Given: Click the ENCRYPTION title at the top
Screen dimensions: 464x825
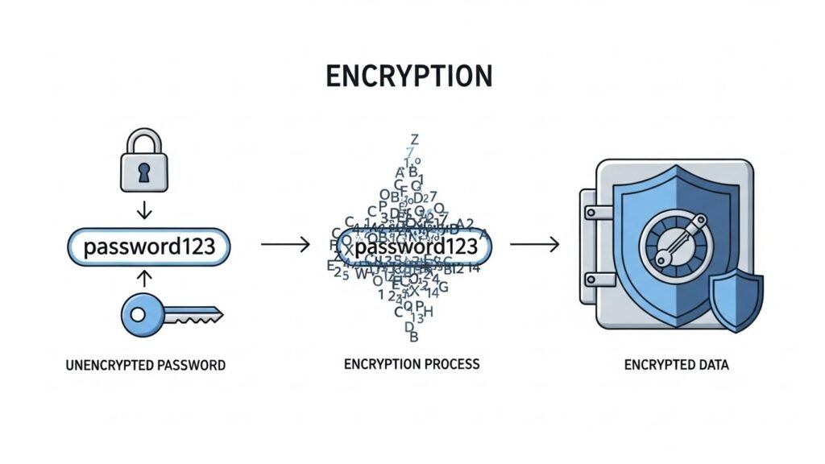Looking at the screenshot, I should (408, 75).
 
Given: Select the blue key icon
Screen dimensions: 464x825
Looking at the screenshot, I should (169, 313).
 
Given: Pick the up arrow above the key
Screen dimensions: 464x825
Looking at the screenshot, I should (144, 277).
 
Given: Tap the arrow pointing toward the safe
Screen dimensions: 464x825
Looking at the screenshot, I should (535, 245).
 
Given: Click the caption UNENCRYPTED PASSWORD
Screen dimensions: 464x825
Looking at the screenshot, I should (145, 365).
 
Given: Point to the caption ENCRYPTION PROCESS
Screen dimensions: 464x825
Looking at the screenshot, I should (411, 363).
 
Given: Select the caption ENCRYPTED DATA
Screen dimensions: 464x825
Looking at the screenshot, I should (676, 365).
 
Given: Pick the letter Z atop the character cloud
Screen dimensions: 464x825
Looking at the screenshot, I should (414, 139).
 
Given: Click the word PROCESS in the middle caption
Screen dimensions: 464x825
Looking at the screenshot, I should (452, 363).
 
